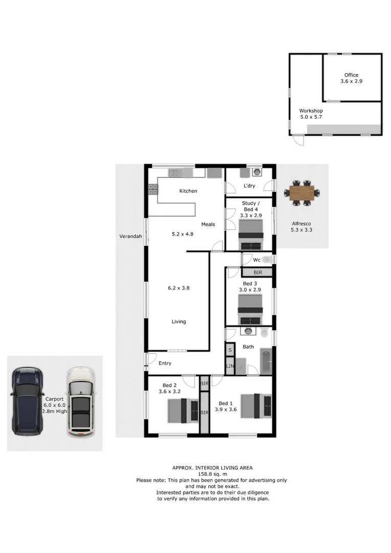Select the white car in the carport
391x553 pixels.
click(81, 402)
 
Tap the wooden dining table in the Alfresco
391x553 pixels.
click(302, 193)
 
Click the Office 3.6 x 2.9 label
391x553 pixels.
click(351, 78)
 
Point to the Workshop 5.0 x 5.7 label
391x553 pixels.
click(311, 114)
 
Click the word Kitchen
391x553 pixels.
click(188, 191)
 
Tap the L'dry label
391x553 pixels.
click(249, 186)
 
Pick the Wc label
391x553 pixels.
click(256, 260)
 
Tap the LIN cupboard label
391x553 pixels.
click(230, 366)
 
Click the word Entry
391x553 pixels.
click(165, 364)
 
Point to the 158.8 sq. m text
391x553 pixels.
click(212, 474)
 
